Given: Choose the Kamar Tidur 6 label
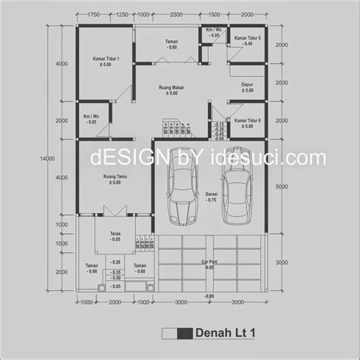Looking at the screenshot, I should [247, 120].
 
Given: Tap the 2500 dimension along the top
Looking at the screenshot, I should [176, 15].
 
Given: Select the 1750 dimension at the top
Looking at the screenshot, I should [95, 15].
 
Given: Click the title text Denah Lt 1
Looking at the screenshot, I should [224, 333].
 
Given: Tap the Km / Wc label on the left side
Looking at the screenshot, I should [91, 117].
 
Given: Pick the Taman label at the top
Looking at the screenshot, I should [172, 41].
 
